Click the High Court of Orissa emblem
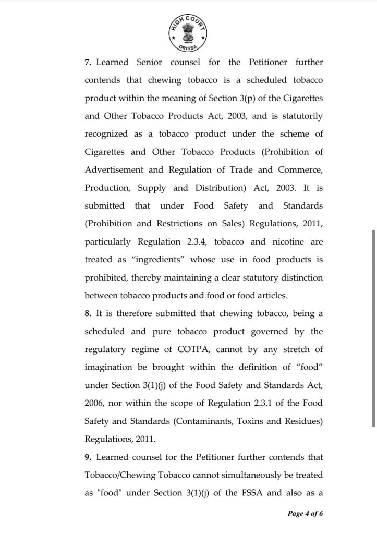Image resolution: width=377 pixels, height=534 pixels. coord(188,31)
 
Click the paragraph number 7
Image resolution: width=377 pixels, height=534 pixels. coord(87,63)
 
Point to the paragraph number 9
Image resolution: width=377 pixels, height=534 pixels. coord(87,457)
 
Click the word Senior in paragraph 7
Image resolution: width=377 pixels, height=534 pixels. coord(150,63)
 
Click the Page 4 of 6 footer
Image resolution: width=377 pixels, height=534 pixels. coord(306,513)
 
